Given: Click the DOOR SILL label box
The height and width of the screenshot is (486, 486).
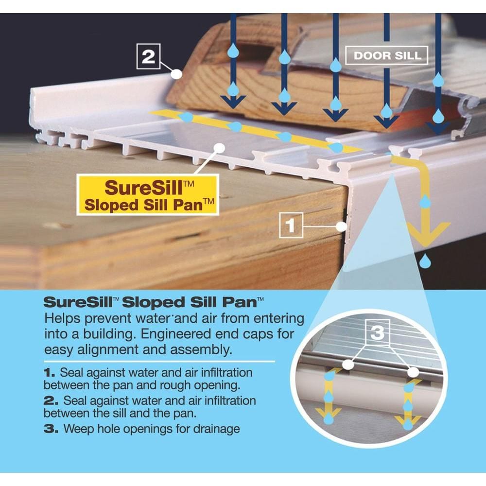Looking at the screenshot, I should [x=386, y=55].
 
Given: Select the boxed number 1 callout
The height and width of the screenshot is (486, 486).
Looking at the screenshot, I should [x=291, y=226].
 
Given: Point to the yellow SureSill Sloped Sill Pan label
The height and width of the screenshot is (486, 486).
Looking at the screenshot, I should [x=146, y=195].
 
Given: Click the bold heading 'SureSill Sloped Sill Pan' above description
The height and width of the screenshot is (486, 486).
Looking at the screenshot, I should [x=154, y=302].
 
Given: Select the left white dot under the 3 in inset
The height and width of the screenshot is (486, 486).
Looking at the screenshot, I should [x=347, y=364].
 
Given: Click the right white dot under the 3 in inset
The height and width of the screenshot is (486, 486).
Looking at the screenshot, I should [x=413, y=372].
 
